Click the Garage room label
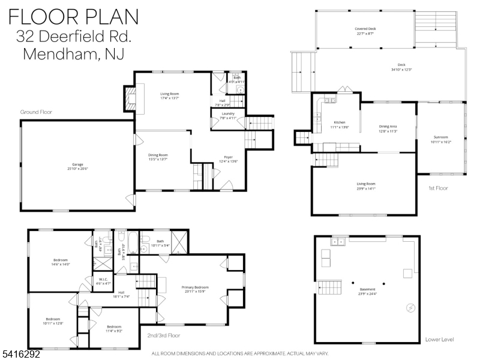coord(78,166)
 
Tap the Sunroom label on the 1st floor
coord(440,139)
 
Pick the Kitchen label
coord(340,124)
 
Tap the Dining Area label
coord(388,128)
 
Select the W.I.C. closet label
coord(103,281)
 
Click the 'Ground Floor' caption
coord(37,112)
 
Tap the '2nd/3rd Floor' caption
coord(163,335)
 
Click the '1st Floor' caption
coord(438,188)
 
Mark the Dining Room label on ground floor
coord(162,157)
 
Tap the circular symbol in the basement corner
coord(410,308)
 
